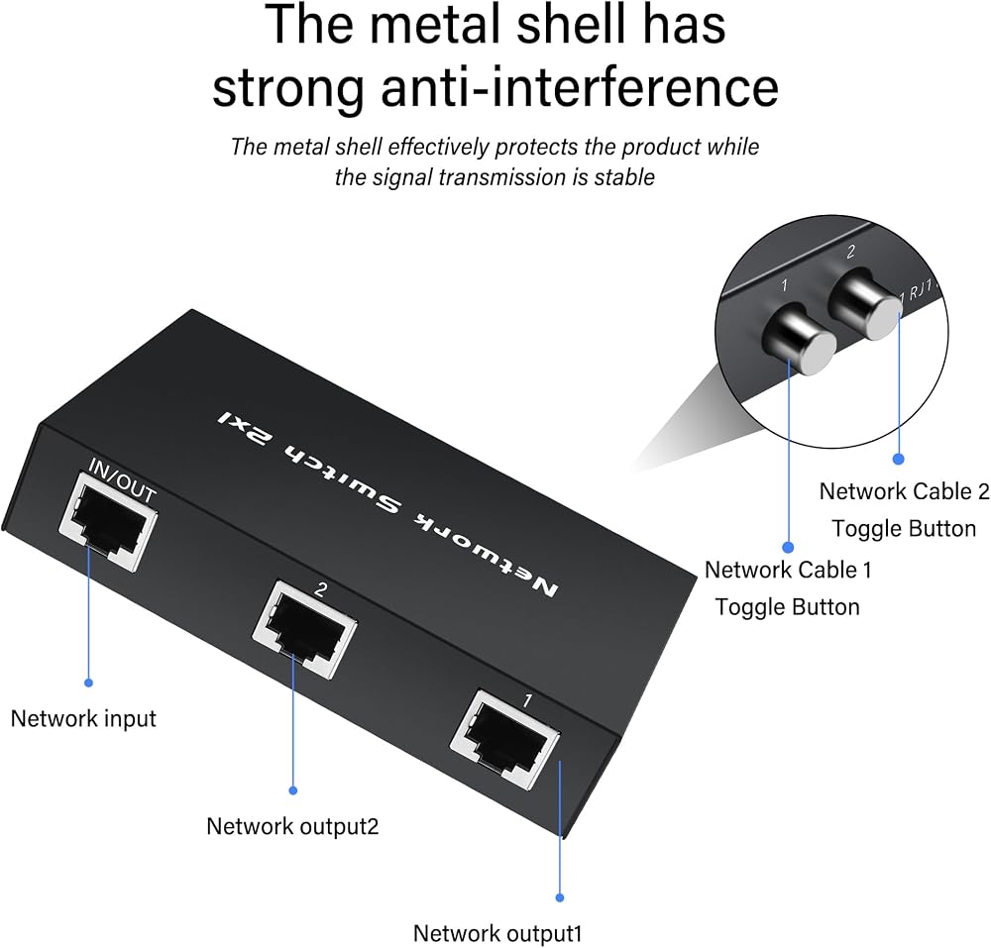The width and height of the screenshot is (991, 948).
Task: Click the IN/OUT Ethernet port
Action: pos(107,523)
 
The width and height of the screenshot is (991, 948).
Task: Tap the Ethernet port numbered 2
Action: pos(304,631)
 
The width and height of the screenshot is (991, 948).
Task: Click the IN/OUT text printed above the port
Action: pos(121,480)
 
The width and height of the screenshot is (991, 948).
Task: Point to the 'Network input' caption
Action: pos(83,719)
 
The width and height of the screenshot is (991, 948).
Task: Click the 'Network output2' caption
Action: pos(292,826)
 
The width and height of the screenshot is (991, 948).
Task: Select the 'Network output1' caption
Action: pos(497,933)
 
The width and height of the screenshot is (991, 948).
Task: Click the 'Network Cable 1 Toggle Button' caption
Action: pos(788,588)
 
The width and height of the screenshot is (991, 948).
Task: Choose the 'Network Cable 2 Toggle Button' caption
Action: pos(905,510)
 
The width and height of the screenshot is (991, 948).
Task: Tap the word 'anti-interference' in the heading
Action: pos(580,87)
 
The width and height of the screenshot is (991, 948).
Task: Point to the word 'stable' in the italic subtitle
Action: pos(624,177)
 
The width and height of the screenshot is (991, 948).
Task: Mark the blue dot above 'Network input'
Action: pos(88,683)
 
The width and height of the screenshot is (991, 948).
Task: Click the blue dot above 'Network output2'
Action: pos(292,790)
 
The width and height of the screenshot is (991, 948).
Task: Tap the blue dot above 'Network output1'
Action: pos(559,897)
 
